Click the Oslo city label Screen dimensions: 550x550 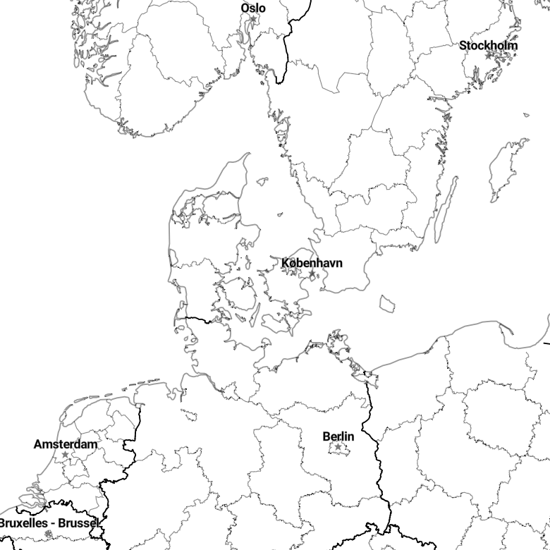(x=253, y=8)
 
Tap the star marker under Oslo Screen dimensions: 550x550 (x=254, y=19)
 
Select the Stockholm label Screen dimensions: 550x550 (x=488, y=46)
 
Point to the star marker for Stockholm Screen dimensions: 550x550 (x=488, y=56)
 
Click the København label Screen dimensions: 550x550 (x=312, y=264)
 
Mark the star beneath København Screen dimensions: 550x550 (x=312, y=274)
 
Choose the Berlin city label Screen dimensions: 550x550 (x=338, y=437)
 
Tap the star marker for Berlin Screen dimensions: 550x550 (x=338, y=447)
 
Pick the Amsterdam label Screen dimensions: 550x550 (x=66, y=444)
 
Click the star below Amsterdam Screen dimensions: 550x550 (x=65, y=455)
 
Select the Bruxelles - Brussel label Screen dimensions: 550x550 (x=48, y=523)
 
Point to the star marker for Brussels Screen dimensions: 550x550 (x=48, y=534)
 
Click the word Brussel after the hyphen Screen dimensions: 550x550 (x=78, y=523)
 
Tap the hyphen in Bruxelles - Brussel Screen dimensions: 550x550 (x=53, y=524)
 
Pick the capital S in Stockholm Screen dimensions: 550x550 (x=463, y=46)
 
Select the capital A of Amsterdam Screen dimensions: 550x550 (x=37, y=444)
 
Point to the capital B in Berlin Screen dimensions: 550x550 (x=326, y=437)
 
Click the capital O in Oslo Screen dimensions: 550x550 (x=245, y=8)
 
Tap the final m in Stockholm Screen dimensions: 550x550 (x=513, y=46)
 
